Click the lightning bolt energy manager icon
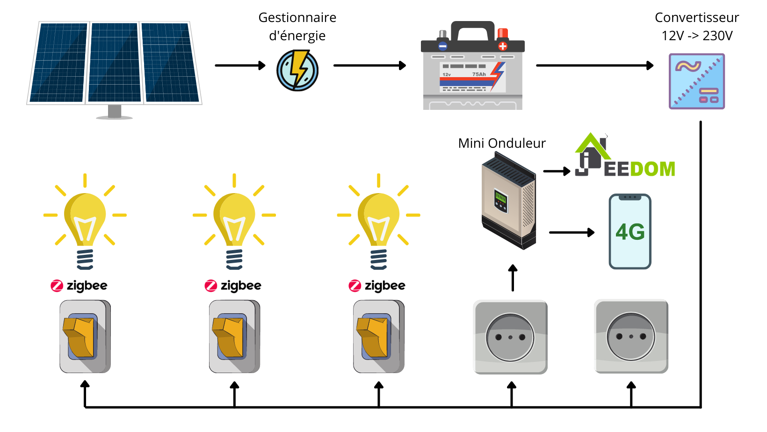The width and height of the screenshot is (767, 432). [x=297, y=70]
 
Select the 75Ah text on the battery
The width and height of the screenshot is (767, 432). [x=479, y=74]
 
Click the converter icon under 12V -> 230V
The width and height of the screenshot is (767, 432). [x=697, y=81]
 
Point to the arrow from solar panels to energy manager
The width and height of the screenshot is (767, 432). [x=240, y=65]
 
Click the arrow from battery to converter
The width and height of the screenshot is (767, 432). [x=595, y=65]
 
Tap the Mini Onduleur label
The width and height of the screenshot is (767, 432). [x=502, y=143]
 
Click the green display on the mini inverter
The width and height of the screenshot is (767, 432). [x=500, y=197]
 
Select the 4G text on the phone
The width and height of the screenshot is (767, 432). [x=630, y=232]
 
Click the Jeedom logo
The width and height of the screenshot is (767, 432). [x=625, y=155]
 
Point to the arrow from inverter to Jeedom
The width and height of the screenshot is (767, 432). [x=557, y=171]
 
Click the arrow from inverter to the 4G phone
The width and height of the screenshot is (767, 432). [x=572, y=232]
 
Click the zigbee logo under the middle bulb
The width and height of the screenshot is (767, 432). [x=233, y=286]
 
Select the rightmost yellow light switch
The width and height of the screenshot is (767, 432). [x=379, y=337]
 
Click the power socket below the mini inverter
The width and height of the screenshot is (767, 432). [x=510, y=337]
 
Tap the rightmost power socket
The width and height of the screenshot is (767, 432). [x=631, y=337]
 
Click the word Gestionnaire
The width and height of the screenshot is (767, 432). [x=297, y=17]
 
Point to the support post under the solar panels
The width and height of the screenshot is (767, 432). [x=115, y=112]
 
